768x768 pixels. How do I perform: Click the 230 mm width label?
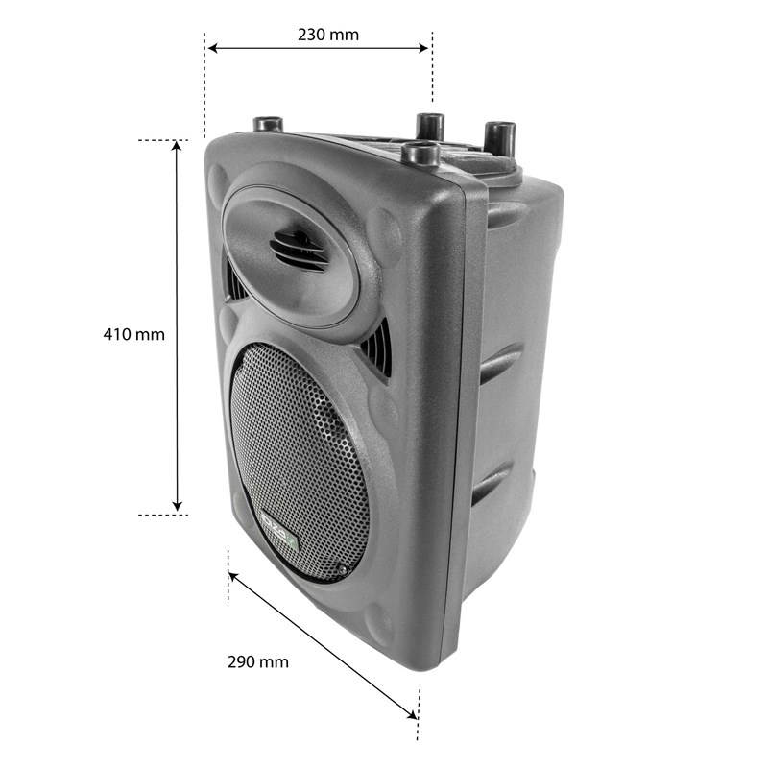click(x=328, y=35)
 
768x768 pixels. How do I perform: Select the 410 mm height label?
click(x=134, y=335)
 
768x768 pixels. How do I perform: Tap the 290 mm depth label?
click(x=257, y=661)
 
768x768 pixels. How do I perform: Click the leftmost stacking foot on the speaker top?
click(x=266, y=126)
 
